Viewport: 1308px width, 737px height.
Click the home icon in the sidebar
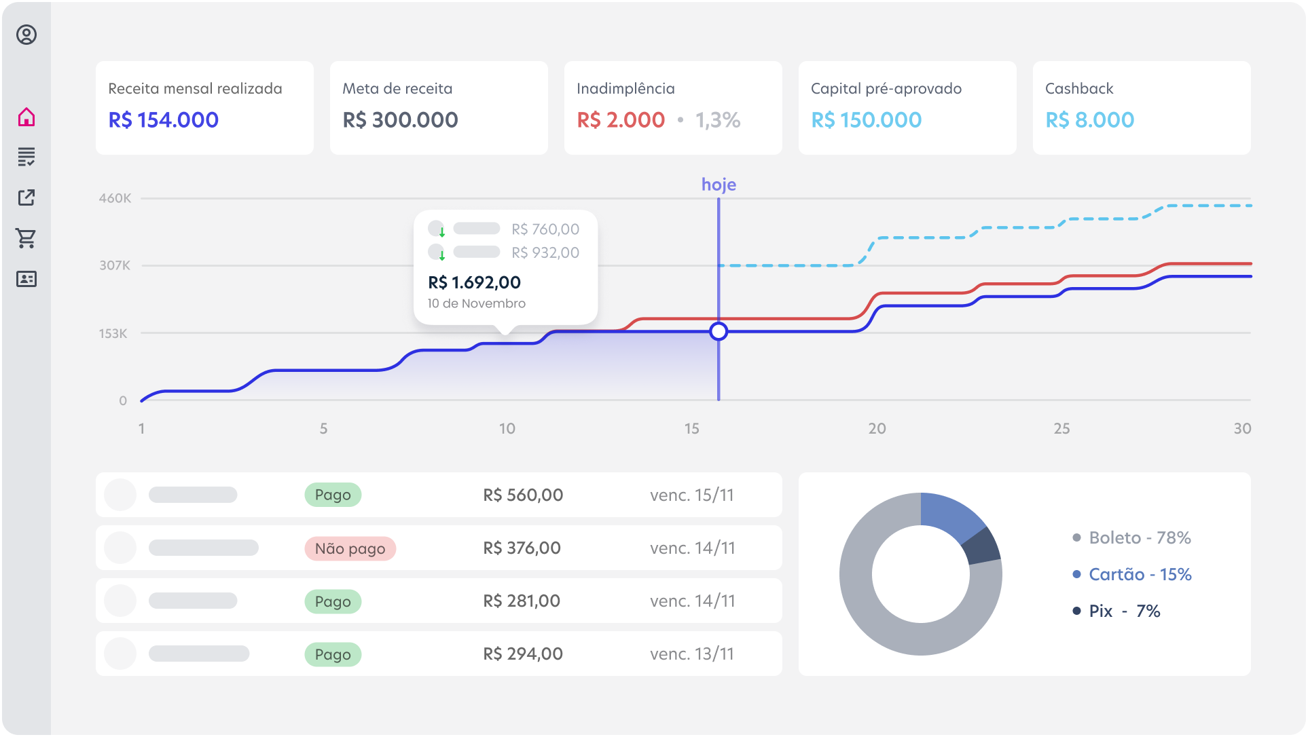(26, 117)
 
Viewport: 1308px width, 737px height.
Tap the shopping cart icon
(26, 238)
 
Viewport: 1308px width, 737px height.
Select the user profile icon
(26, 35)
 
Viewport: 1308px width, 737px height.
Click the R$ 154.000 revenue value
(164, 120)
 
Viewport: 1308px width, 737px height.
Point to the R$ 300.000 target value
(400, 120)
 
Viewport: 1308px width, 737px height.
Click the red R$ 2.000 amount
(621, 120)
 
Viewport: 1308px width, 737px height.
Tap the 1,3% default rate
(718, 120)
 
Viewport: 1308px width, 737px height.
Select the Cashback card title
(1079, 89)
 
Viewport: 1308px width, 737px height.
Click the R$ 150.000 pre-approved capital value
(867, 120)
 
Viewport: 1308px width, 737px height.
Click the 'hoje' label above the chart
(719, 185)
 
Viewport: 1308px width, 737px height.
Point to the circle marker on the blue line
(719, 331)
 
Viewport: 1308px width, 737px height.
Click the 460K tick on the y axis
(115, 198)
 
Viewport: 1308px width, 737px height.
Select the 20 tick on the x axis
(877, 428)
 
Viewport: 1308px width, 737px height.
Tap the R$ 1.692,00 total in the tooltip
(474, 282)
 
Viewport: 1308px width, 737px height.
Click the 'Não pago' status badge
(350, 548)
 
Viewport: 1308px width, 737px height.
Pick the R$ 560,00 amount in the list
(523, 495)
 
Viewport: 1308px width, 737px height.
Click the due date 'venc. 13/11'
(692, 654)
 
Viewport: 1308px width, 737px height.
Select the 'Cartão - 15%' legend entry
(1140, 575)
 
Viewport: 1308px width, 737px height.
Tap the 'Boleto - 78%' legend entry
(1140, 538)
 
